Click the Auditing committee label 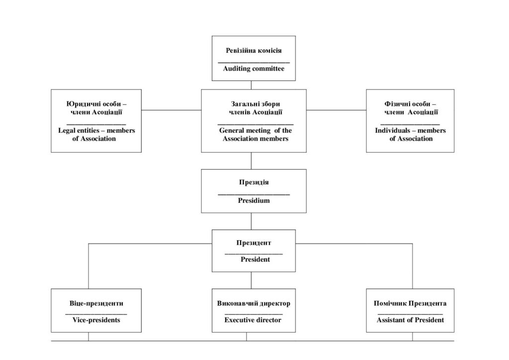click(x=254, y=69)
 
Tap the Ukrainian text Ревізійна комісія click(x=254, y=50)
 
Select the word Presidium click(x=254, y=200)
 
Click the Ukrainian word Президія click(x=254, y=182)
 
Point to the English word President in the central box click(x=255, y=260)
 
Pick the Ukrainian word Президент click(x=254, y=243)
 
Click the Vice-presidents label click(x=96, y=320)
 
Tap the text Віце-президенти click(x=96, y=303)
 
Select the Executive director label click(x=253, y=320)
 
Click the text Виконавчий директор click(x=254, y=303)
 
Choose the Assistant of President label click(x=410, y=320)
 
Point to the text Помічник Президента click(x=410, y=303)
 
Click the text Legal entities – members click(x=96, y=130)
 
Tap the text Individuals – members click(x=410, y=130)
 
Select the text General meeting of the click(x=255, y=130)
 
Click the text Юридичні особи click(x=93, y=104)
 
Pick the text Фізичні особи click(x=407, y=104)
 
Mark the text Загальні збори click(x=255, y=104)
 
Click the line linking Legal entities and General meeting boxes click(x=171, y=110)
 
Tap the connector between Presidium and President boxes click(x=251, y=221)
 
